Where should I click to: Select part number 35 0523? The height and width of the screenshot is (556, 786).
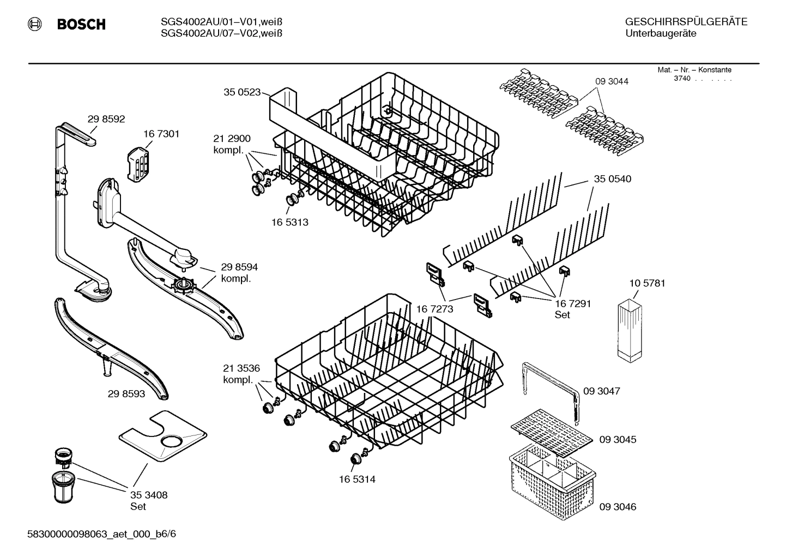(242, 92)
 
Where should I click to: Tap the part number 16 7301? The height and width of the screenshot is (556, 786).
(161, 134)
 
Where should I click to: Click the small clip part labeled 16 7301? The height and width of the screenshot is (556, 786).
(138, 163)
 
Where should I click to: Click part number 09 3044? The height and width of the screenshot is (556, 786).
(612, 81)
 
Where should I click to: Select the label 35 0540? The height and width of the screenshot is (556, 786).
(613, 179)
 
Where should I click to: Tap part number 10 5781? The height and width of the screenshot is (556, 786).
(647, 283)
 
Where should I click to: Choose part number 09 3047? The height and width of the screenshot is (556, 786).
(602, 391)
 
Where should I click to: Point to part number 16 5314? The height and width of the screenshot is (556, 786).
(357, 480)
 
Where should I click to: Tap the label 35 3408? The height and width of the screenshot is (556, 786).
(149, 495)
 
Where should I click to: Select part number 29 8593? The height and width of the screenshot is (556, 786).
(126, 393)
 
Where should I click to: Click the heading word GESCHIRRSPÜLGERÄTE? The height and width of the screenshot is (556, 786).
(686, 22)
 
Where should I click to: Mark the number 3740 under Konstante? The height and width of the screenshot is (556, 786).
(682, 78)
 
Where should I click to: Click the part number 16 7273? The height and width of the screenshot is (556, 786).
(434, 309)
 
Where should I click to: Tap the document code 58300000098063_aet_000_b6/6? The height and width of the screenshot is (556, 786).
(101, 534)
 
